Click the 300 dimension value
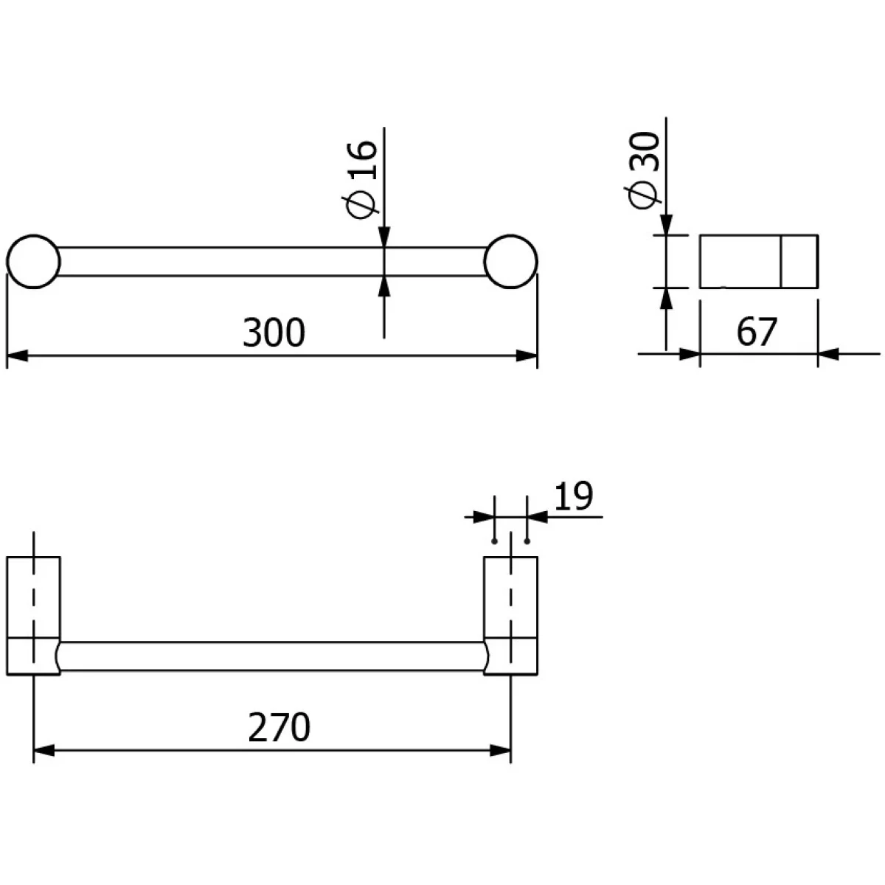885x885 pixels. click(274, 333)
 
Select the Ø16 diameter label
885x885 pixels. click(362, 179)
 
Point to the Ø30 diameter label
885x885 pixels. click(643, 170)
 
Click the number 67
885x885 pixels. click(757, 332)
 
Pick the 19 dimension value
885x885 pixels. click(574, 496)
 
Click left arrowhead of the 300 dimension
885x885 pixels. click(18, 355)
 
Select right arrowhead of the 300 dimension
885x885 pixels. click(527, 355)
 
